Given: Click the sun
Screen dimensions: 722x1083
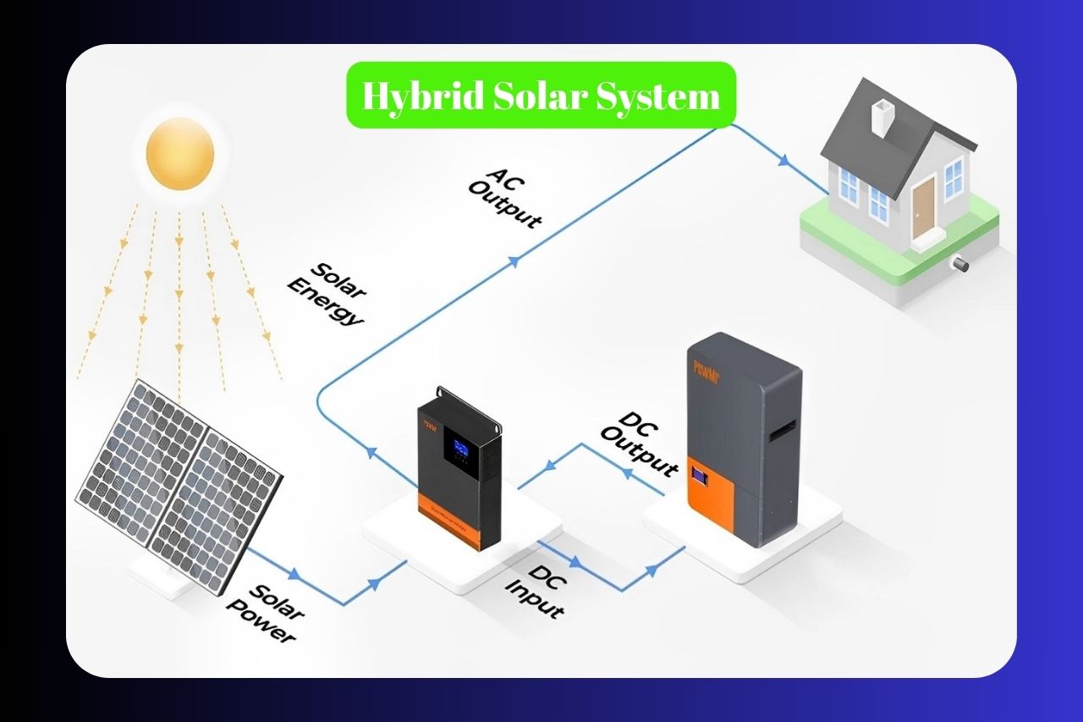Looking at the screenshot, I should coord(179,153).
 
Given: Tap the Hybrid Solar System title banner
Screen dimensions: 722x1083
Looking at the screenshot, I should coord(541,96).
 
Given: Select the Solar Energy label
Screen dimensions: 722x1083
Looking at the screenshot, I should coord(326,293).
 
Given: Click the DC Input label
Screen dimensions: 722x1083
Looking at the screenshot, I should coord(535,589).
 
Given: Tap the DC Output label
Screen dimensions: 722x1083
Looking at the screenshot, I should coord(640,444).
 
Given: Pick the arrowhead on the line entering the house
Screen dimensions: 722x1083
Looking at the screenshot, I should coord(785,159).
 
